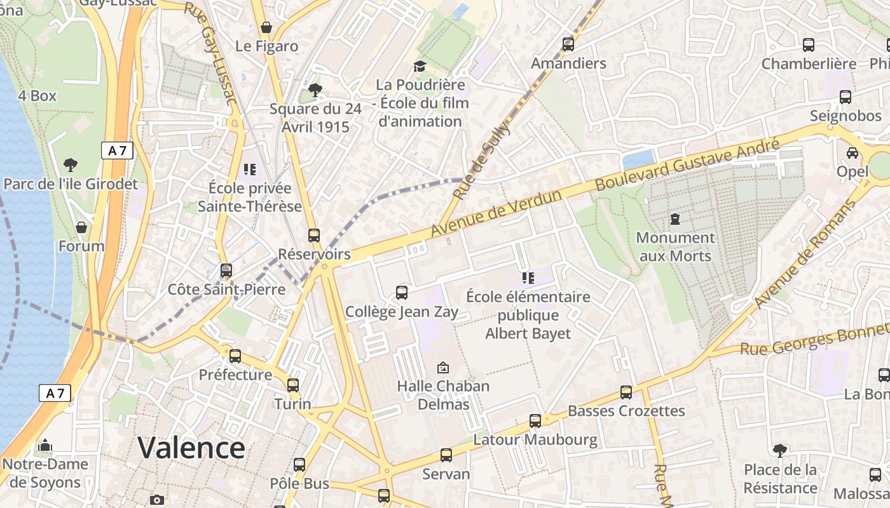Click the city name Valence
click(191, 448)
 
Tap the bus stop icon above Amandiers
click(568, 44)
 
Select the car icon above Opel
click(852, 153)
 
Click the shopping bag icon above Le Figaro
click(266, 27)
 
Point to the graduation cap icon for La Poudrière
click(419, 66)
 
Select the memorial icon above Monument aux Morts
click(674, 220)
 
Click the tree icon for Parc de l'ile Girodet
click(71, 165)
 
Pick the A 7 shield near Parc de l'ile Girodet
click(117, 150)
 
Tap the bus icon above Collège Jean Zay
click(401, 293)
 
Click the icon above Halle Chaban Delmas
click(443, 368)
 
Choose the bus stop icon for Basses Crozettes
click(626, 392)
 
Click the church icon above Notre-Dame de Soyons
click(44, 446)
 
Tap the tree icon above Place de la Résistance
click(779, 451)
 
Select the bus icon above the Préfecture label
click(235, 356)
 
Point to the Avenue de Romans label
click(804, 254)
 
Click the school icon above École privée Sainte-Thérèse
click(249, 170)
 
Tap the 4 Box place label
click(37, 96)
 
